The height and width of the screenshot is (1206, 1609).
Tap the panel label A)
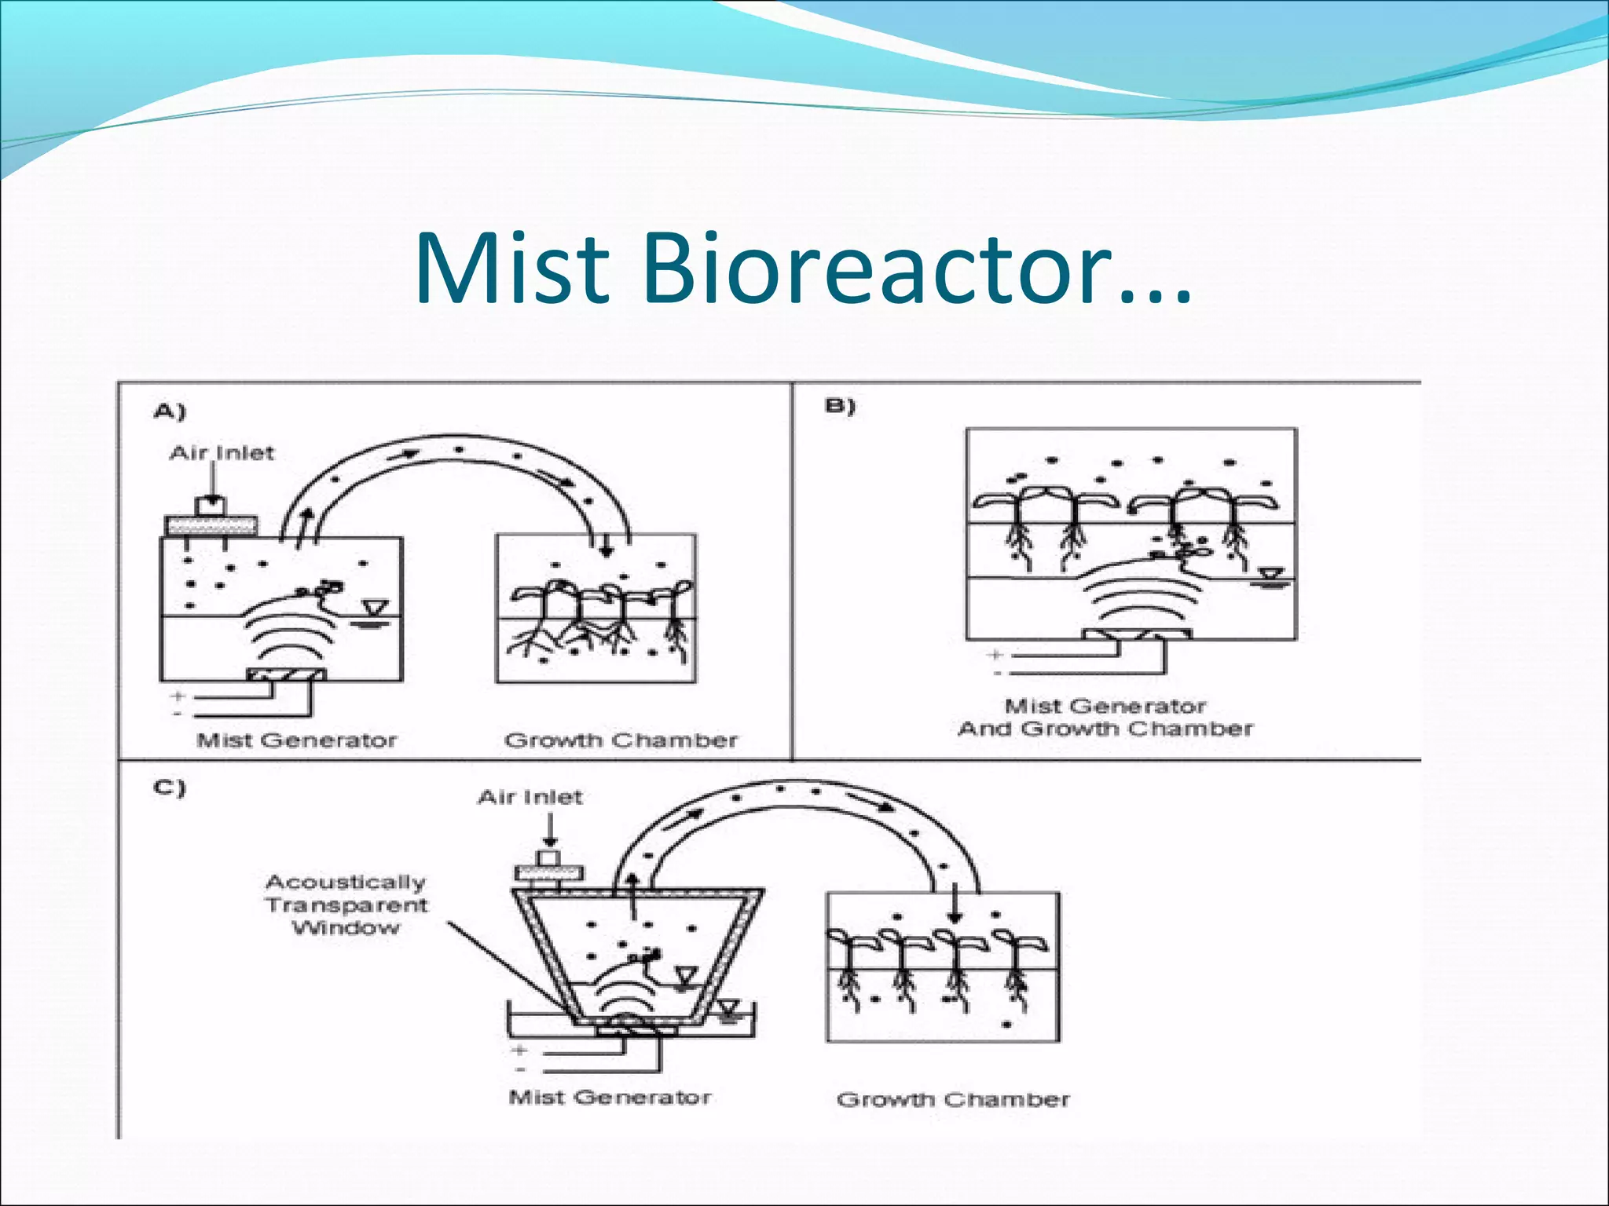pyautogui.click(x=170, y=411)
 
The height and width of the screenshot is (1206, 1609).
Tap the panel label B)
pyautogui.click(x=840, y=407)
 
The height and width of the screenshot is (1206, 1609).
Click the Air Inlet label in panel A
pyautogui.click(x=222, y=453)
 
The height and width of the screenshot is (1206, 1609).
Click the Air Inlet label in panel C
pyautogui.click(x=530, y=798)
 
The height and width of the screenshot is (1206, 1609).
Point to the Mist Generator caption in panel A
pyautogui.click(x=296, y=740)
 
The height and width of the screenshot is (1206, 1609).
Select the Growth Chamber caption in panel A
pyautogui.click(x=621, y=740)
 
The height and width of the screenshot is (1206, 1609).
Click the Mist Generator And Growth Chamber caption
pyautogui.click(x=1105, y=718)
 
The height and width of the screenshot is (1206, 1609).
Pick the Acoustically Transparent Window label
pyautogui.click(x=346, y=904)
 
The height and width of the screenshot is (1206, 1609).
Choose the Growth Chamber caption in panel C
pyautogui.click(x=953, y=1099)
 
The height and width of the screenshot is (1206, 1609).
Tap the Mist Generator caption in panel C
pyautogui.click(x=610, y=1097)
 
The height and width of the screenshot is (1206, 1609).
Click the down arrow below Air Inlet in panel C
pyautogui.click(x=550, y=831)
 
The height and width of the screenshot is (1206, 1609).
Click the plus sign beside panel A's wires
pyautogui.click(x=178, y=696)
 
